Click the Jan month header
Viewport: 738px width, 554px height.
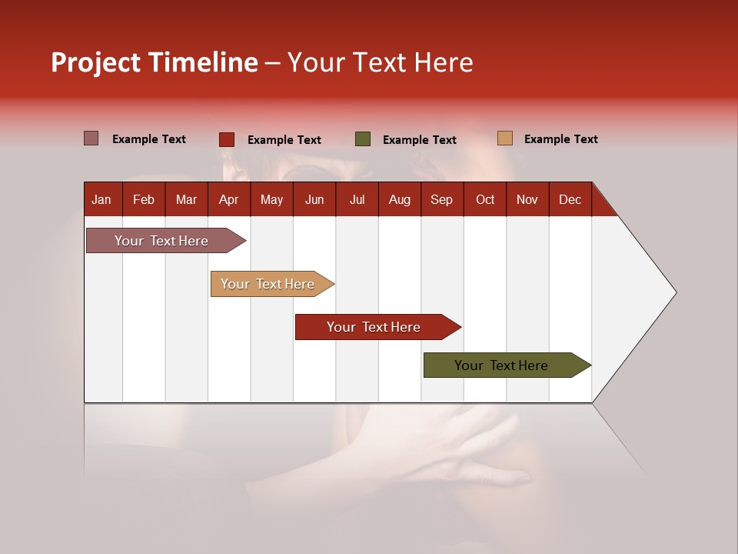pyautogui.click(x=101, y=199)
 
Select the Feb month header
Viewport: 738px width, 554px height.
pyautogui.click(x=144, y=199)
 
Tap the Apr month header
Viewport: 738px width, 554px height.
pyautogui.click(x=228, y=199)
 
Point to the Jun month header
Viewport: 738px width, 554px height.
pyautogui.click(x=314, y=199)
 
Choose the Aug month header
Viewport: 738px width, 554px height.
pyautogui.click(x=399, y=199)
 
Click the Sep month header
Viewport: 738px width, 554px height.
pyautogui.click(x=441, y=199)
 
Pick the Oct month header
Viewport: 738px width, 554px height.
pyautogui.click(x=485, y=199)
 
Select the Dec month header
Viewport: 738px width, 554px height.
pyautogui.click(x=570, y=199)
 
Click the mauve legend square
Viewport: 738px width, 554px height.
pyautogui.click(x=91, y=138)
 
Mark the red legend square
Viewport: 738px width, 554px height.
pyautogui.click(x=227, y=139)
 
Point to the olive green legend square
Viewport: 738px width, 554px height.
pyautogui.click(x=363, y=139)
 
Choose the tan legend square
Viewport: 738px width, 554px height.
pyautogui.click(x=505, y=138)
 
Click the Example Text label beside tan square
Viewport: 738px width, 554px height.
pyautogui.click(x=560, y=139)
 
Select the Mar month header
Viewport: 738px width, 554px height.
pyautogui.click(x=186, y=199)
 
